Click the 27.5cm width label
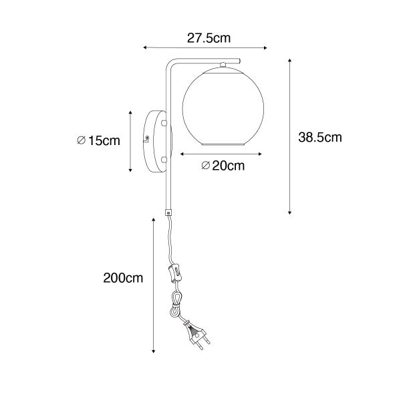pos(205,39)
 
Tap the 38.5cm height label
pos(319,138)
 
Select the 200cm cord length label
pos(124,277)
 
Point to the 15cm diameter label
pos(99,140)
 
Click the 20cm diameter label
pos(223,166)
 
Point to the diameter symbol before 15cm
pos(80,140)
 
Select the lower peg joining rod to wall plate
pos(164,159)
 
